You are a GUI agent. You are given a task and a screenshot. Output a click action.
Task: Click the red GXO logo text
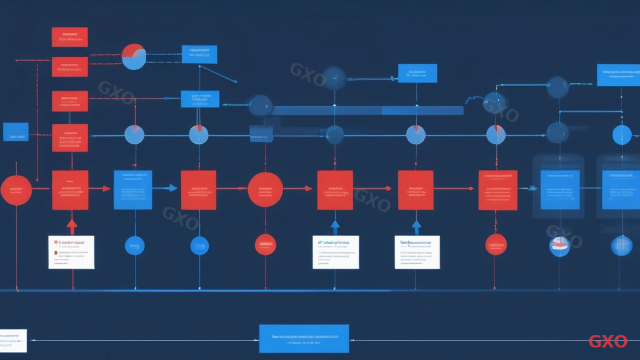point(607,341)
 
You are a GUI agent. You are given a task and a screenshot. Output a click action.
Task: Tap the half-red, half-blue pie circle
point(134,57)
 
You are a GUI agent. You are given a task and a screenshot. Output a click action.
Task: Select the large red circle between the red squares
point(266,189)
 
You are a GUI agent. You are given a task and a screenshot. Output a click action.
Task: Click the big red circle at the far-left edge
point(16,190)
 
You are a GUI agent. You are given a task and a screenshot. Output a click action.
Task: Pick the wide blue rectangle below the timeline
point(304,339)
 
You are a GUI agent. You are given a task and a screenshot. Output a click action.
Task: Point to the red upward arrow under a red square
point(72,226)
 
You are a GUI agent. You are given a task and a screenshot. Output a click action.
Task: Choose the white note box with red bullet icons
point(71,252)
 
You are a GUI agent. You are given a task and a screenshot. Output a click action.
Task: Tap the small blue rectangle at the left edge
point(16,131)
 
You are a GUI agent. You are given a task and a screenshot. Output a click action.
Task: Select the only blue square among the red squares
point(132,189)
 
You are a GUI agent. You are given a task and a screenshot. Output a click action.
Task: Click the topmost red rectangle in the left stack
point(70,37)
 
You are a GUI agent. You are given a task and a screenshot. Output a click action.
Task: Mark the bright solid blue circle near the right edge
point(622,134)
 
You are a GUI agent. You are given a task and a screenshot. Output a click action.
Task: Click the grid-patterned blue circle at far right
point(621,245)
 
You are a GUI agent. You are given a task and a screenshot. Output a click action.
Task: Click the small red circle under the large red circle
point(266,244)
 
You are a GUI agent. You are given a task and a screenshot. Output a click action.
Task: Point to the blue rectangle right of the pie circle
point(199,54)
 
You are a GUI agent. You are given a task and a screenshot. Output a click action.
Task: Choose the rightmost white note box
point(417,252)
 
